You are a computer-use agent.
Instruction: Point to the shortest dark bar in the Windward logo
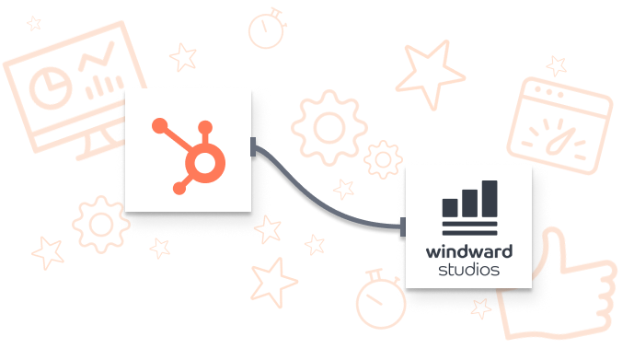pyautogui.click(x=451, y=208)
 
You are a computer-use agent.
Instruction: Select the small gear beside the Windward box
pyautogui.click(x=383, y=159)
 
